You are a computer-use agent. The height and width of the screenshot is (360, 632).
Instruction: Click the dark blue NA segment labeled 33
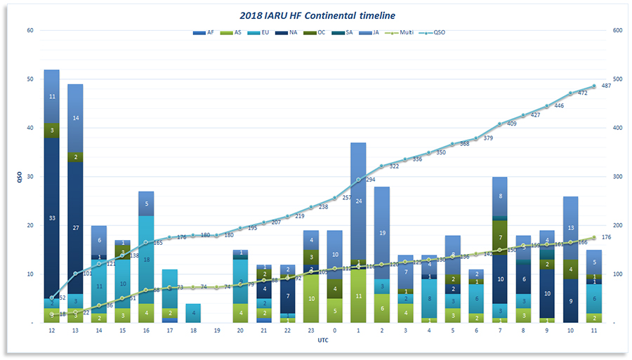point(51,218)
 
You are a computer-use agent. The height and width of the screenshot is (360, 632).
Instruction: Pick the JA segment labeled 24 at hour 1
point(358,201)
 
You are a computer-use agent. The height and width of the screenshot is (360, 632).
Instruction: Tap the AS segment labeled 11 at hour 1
point(358,296)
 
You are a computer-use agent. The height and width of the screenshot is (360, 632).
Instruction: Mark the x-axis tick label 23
point(310,331)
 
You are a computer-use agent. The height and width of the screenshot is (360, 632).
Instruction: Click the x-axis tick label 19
point(216,331)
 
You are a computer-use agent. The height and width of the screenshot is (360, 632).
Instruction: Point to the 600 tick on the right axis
point(618,31)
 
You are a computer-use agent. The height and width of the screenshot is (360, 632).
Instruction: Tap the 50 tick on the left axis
point(29,79)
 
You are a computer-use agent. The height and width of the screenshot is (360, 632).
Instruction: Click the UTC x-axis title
point(322,340)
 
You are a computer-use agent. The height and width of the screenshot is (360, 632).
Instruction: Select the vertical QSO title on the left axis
point(19,177)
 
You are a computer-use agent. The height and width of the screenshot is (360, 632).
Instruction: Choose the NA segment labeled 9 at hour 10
point(571,301)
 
